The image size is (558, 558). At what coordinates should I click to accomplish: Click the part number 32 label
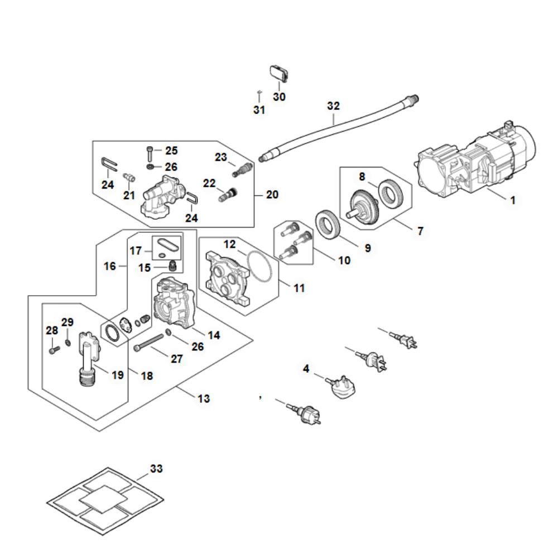pyautogui.click(x=333, y=106)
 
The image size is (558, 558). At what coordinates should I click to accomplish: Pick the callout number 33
pyautogui.click(x=156, y=469)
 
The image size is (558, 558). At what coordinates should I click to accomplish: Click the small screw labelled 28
pyautogui.click(x=54, y=350)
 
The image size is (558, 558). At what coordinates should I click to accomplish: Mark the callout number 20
pyautogui.click(x=273, y=195)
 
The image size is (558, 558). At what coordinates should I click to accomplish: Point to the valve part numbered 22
pyautogui.click(x=227, y=195)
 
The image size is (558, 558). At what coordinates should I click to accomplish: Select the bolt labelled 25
pyautogui.click(x=150, y=152)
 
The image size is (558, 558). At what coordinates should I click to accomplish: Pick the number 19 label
pyautogui.click(x=117, y=375)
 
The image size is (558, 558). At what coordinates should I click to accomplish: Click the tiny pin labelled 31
pyautogui.click(x=259, y=92)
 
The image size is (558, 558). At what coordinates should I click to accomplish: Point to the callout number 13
pyautogui.click(x=204, y=399)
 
